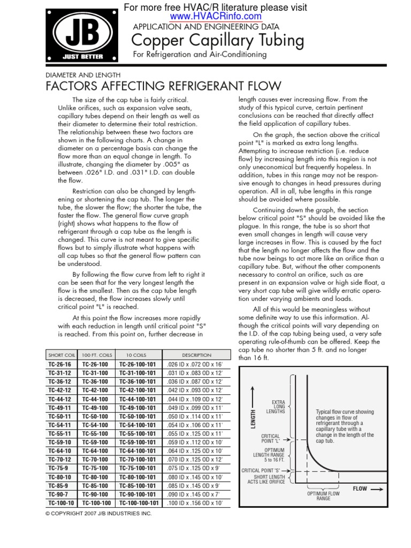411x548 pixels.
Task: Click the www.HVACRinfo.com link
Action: [216, 17]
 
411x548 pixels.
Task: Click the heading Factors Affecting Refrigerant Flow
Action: [163, 87]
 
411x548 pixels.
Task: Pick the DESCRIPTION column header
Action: [196, 355]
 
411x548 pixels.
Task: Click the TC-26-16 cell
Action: [59, 363]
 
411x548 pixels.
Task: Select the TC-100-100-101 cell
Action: [139, 503]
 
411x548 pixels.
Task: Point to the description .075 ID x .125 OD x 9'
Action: [196, 468]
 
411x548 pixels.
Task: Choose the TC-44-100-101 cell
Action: [139, 399]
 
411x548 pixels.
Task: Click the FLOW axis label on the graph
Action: [368, 489]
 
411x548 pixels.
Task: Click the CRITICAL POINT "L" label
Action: [271, 439]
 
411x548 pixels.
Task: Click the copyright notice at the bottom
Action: [98, 514]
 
